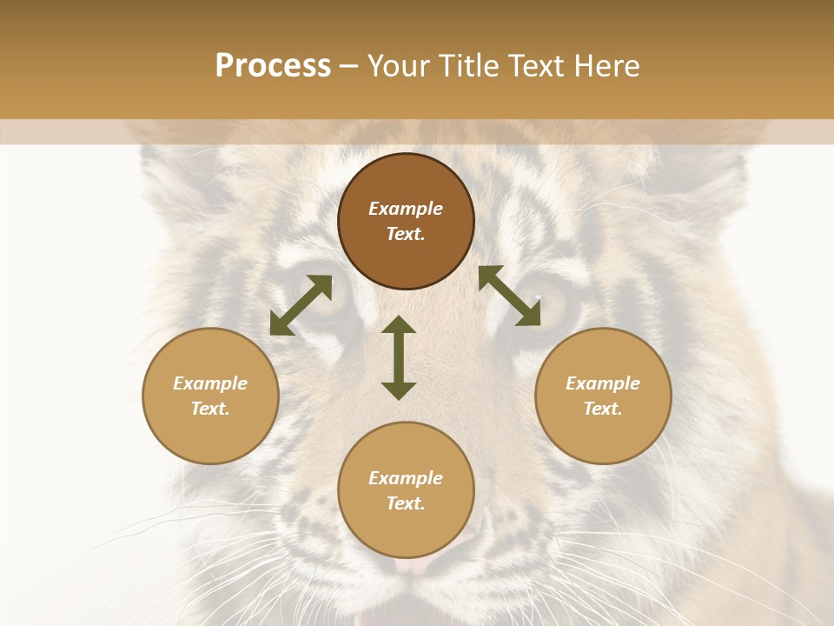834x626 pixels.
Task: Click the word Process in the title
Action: tap(273, 66)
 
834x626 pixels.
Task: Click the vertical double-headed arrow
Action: tap(399, 357)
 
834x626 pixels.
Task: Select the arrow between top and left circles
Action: tap(301, 305)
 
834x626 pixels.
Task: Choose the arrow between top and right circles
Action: tap(510, 296)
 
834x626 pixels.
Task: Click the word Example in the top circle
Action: tap(406, 209)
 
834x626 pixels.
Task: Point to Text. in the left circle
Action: tap(210, 409)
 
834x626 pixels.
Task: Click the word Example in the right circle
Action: tap(603, 383)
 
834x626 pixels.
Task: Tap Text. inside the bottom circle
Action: tap(406, 503)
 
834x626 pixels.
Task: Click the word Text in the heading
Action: tap(539, 66)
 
